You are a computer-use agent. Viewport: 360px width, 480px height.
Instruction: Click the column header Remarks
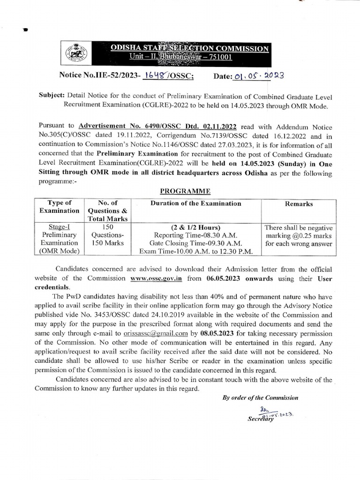299,204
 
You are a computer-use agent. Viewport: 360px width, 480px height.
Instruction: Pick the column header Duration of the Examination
195,203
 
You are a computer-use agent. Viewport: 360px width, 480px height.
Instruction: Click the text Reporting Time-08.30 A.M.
195,235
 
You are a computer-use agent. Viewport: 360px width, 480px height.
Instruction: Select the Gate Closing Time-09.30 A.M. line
195,243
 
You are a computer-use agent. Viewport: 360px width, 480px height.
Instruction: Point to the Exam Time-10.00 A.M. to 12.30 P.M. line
195,252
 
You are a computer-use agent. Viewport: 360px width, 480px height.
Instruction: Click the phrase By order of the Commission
260,397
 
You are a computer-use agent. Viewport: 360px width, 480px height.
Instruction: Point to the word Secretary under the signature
260,419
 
